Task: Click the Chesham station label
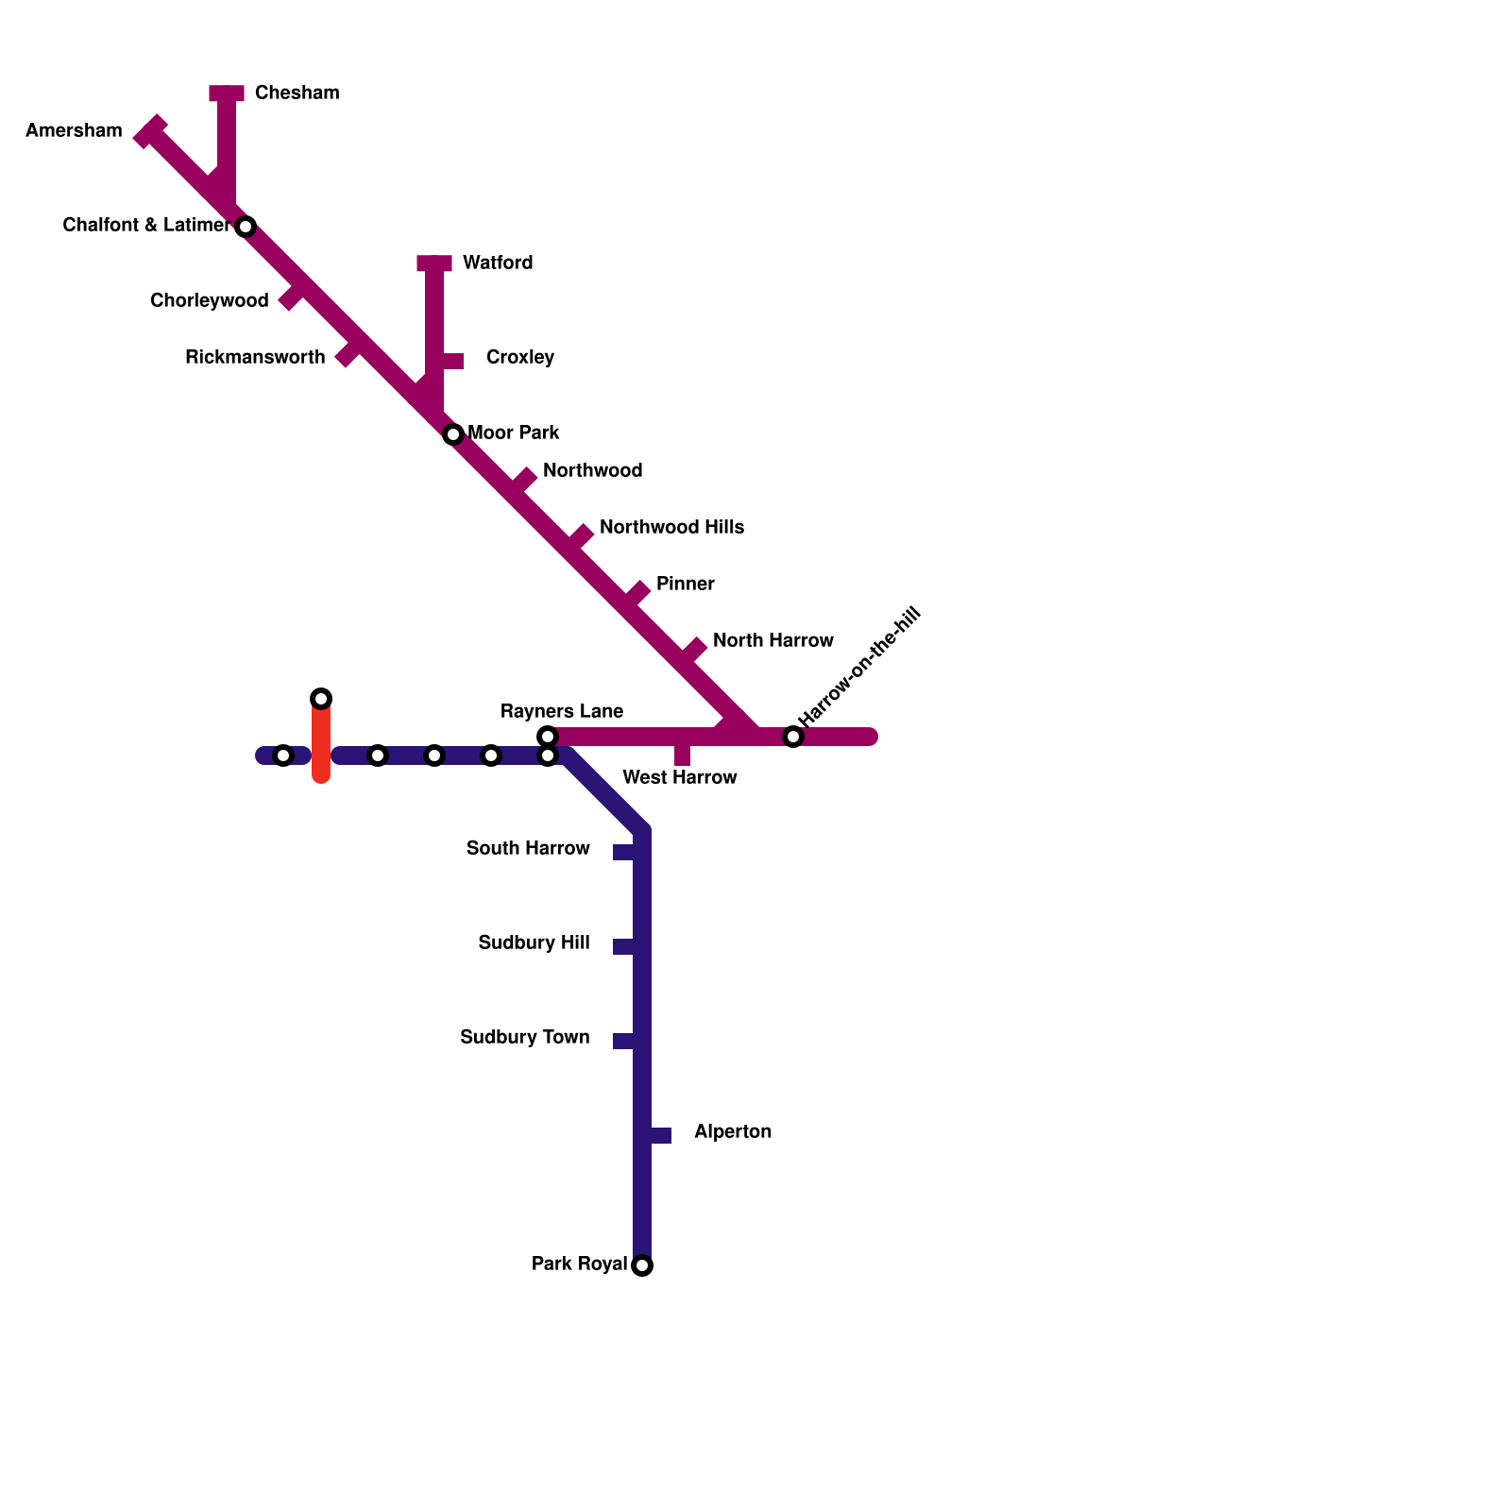[297, 93]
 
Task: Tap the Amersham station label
[74, 130]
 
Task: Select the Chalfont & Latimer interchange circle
[246, 227]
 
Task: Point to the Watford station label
[498, 263]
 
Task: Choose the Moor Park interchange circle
[453, 434]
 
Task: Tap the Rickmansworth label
[255, 357]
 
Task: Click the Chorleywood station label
[210, 300]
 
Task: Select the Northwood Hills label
[671, 527]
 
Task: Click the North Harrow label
[772, 640]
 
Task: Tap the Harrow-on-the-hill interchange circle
[793, 737]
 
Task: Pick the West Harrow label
[680, 777]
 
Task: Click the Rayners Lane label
[562, 711]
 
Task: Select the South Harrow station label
[528, 848]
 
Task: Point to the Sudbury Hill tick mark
[623, 946]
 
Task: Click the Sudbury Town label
[525, 1037]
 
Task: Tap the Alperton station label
[733, 1131]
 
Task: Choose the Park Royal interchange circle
[642, 1265]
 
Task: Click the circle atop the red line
[321, 699]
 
